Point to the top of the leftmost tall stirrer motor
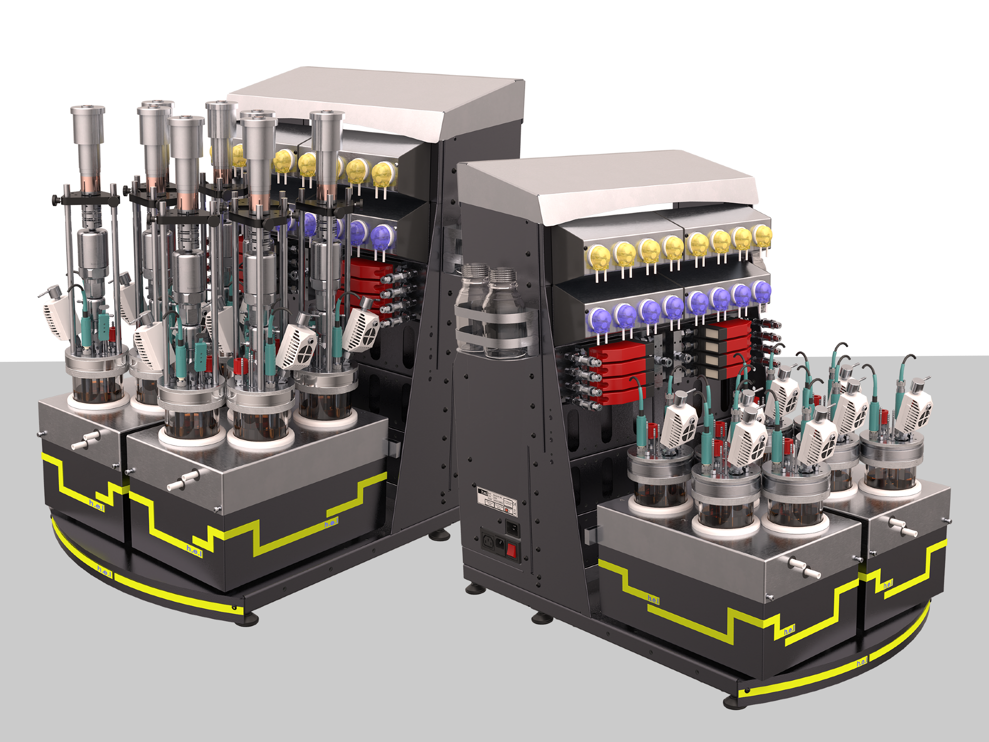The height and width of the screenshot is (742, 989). [x=88, y=110]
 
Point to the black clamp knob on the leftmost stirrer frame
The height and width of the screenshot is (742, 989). [x=55, y=200]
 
